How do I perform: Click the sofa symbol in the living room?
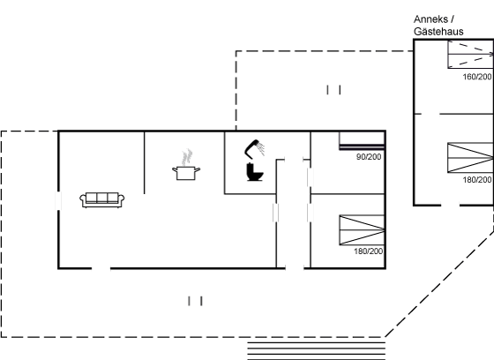102,200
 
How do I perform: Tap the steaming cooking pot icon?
186,166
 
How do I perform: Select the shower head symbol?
255,148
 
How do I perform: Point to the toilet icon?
255,172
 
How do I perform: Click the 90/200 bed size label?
369,157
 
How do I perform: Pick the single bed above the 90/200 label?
362,140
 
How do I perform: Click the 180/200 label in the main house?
369,251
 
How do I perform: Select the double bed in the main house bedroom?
362,230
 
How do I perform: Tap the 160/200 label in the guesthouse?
477,77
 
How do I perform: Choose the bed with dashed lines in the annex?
471,55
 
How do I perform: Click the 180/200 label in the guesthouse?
477,180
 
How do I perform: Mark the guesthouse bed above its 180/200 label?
471,158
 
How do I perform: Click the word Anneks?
430,19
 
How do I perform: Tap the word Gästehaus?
438,32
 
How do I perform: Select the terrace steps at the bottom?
317,351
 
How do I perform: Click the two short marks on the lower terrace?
195,301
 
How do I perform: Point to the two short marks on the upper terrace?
334,90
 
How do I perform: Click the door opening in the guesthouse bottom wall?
450,206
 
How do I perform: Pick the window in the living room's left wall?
58,200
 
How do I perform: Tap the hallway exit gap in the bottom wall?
295,268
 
